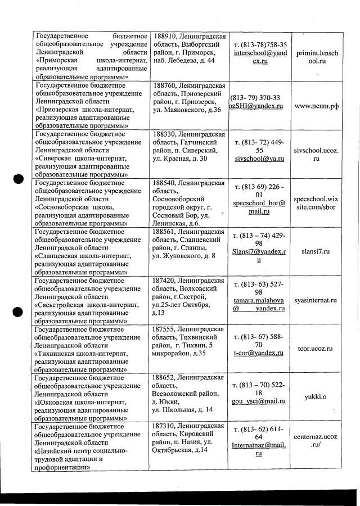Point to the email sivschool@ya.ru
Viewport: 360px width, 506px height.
259,159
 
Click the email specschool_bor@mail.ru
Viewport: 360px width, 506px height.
259,206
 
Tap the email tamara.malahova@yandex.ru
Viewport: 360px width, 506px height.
259,304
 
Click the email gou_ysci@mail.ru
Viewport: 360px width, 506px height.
259,401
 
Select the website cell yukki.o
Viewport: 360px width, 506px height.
316,397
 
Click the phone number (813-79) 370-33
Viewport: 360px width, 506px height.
255,97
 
